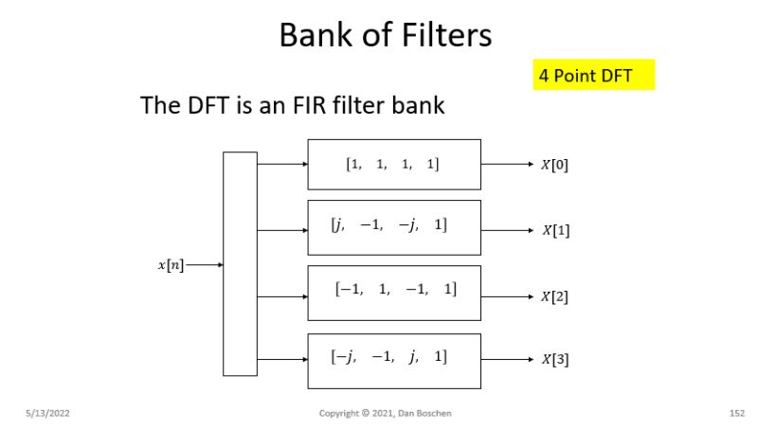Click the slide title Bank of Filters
[385, 35]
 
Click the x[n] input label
[170, 266]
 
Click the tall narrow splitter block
[240, 264]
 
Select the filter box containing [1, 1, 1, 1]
[393, 164]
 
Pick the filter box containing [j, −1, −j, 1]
[393, 227]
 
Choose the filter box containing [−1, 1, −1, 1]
[393, 292]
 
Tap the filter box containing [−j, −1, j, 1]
[393, 359]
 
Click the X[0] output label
[554, 165]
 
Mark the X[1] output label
[555, 230]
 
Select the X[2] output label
[554, 296]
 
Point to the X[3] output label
[554, 360]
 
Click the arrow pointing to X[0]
[508, 164]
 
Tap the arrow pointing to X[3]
[508, 360]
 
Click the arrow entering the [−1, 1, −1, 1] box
[282, 295]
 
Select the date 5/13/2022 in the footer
[47, 414]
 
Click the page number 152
[736, 414]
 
